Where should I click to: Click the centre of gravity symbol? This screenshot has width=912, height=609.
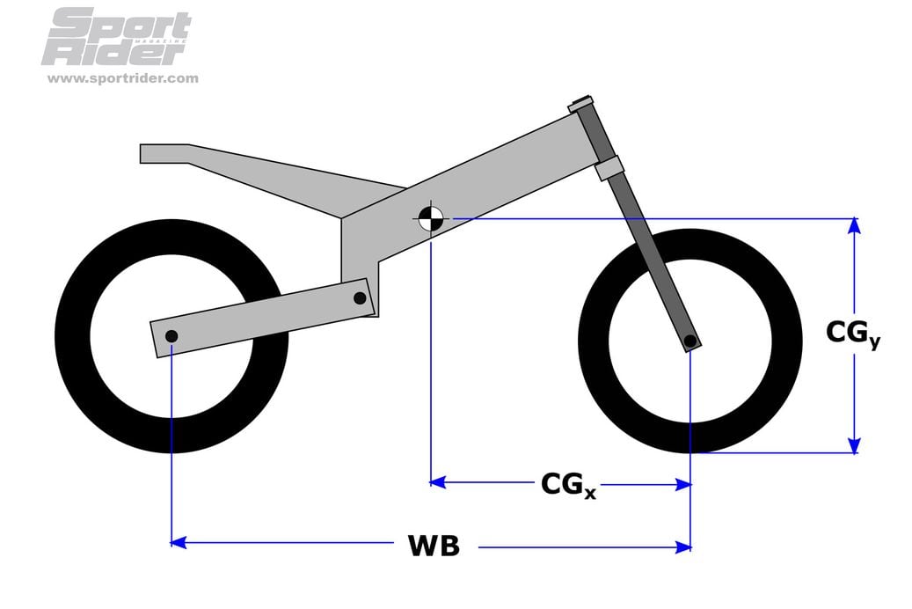pyautogui.click(x=431, y=217)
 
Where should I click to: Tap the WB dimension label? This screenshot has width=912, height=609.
pyautogui.click(x=434, y=546)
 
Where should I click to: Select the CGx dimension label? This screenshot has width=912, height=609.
pyautogui.click(x=567, y=485)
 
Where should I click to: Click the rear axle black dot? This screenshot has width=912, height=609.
pyautogui.click(x=171, y=336)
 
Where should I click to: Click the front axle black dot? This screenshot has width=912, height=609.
pyautogui.click(x=690, y=341)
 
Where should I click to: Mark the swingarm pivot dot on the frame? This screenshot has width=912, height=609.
pyautogui.click(x=360, y=298)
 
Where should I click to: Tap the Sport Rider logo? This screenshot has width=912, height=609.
pyautogui.click(x=116, y=38)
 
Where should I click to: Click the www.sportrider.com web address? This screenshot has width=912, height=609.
pyautogui.click(x=122, y=78)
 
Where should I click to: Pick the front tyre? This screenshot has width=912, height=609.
pyautogui.click(x=783, y=387)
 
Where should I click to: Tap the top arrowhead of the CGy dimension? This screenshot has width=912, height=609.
pyautogui.click(x=853, y=226)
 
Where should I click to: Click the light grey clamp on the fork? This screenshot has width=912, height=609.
pyautogui.click(x=609, y=167)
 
